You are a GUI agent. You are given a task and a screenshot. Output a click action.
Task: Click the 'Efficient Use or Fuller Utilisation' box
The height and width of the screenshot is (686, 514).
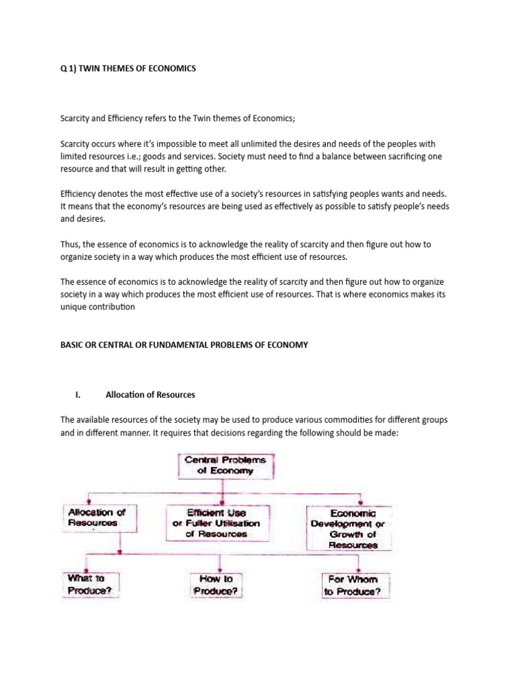coord(216,523)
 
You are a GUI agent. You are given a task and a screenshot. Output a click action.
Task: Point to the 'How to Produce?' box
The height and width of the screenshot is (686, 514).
coord(216,584)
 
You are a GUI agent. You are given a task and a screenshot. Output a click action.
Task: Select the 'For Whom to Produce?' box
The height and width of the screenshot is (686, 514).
coord(351,586)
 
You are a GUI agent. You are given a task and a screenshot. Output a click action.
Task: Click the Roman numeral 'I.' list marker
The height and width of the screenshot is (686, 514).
coord(78,395)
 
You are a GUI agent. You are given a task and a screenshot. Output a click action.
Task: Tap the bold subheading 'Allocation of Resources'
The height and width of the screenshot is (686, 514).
coord(151,395)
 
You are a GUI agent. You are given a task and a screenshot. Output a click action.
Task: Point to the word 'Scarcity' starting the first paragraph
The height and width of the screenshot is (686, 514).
coord(76,119)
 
